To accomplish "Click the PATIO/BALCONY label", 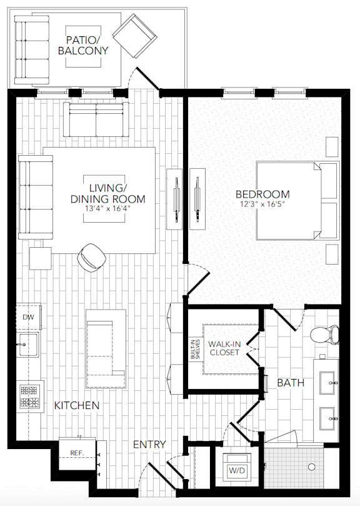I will tap(83, 45).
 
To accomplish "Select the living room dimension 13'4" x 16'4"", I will tap(116, 210).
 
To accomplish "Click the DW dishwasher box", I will tap(29, 317).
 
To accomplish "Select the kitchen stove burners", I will tap(29, 395).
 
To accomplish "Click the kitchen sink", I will tap(28, 345).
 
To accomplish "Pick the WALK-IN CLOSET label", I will tap(225, 348).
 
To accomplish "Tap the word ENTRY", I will tap(149, 444).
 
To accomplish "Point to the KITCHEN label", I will tap(76, 405).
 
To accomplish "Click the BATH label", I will tap(290, 382).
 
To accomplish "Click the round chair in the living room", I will tap(92, 256).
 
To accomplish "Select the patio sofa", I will tap(31, 49).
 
